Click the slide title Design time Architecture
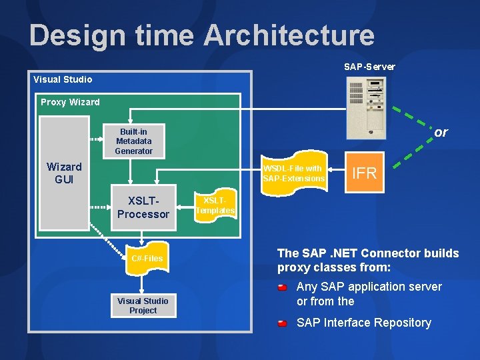click(201, 35)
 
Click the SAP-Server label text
click(369, 67)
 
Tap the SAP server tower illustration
click(366, 103)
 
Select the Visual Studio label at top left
click(63, 79)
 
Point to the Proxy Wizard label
click(70, 102)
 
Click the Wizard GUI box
click(64, 173)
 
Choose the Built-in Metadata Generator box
click(133, 141)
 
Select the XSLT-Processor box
click(143, 207)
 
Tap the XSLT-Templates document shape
click(215, 205)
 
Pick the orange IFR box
click(364, 174)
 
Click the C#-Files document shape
click(147, 258)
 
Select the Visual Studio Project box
click(143, 305)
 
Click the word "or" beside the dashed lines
click(441, 132)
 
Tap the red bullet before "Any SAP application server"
click(283, 287)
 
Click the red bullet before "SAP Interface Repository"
click(283, 323)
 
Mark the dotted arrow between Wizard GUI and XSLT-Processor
click(99, 207)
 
